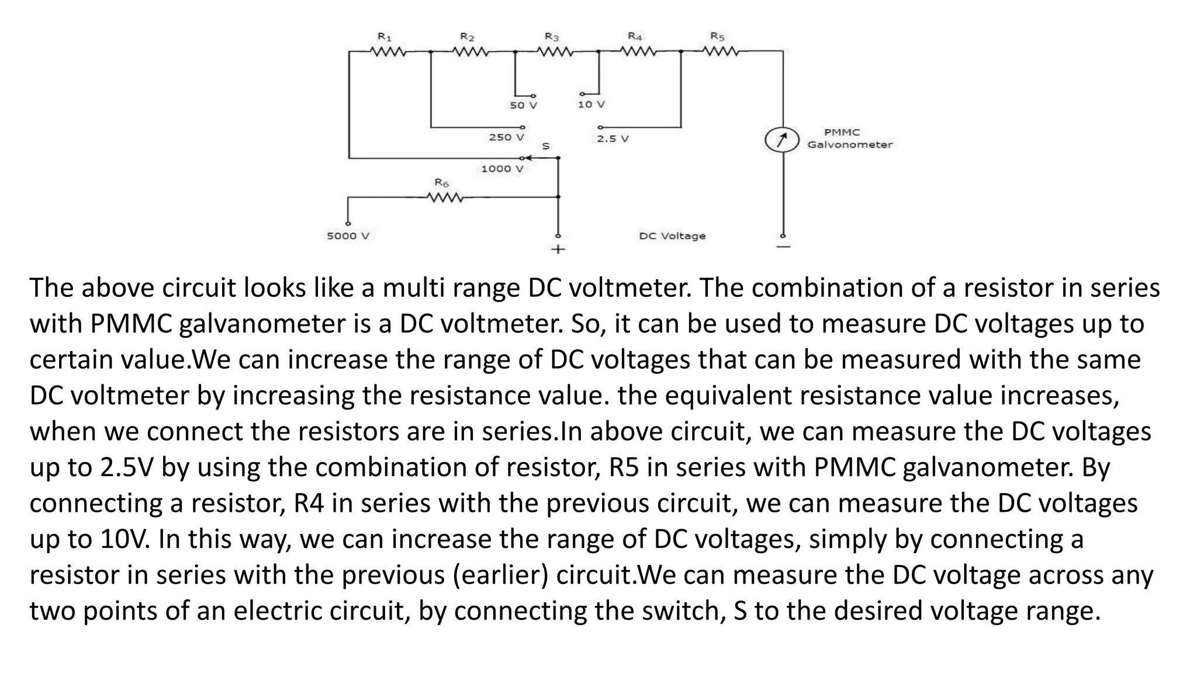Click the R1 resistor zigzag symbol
[389, 52]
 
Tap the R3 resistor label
[552, 37]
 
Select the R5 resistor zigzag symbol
[721, 52]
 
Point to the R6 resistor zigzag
[446, 198]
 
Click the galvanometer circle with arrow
[781, 140]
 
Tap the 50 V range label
[523, 106]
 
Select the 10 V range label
[591, 105]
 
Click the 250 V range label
[506, 137]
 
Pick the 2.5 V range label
[613, 139]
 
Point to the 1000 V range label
[501, 169]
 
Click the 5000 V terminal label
[348, 236]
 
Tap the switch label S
[545, 145]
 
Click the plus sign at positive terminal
[558, 250]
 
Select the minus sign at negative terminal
[783, 247]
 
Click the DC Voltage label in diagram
[672, 236]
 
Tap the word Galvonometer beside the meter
[850, 145]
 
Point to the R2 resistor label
[467, 37]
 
